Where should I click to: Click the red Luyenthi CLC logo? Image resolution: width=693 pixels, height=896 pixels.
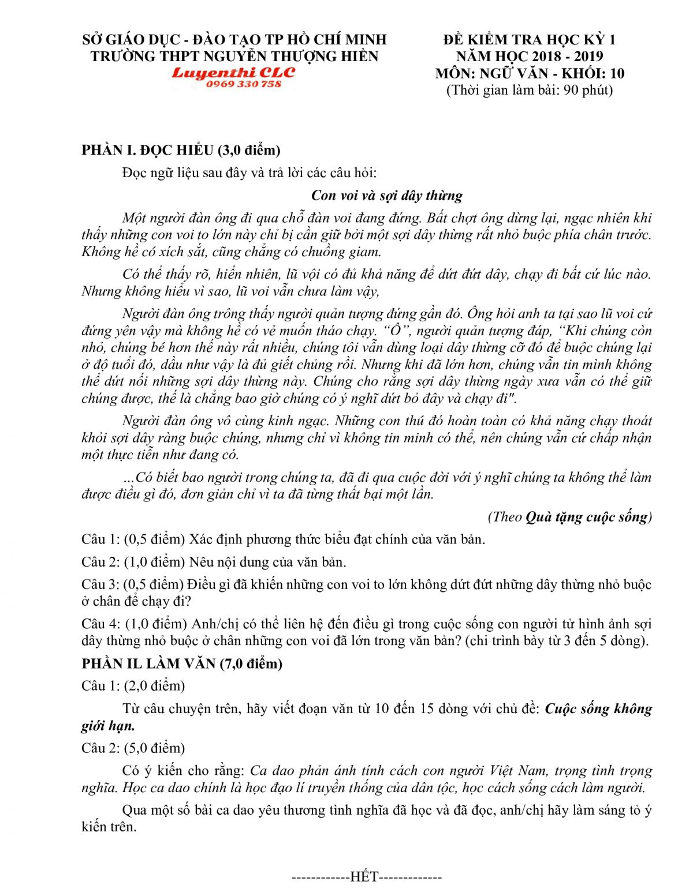click(233, 73)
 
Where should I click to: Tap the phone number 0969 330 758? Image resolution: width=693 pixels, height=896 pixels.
click(243, 84)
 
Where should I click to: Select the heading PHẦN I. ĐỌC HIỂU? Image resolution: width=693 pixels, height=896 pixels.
click(181, 150)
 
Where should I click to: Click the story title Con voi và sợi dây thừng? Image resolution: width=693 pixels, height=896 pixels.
click(387, 196)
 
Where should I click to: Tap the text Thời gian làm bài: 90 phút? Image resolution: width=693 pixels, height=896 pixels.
click(530, 90)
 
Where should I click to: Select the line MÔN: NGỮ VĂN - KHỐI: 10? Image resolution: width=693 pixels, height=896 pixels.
click(530, 73)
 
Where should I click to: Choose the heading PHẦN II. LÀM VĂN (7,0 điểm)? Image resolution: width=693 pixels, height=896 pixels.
click(182, 663)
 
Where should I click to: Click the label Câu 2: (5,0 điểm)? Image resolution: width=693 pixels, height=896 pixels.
click(133, 748)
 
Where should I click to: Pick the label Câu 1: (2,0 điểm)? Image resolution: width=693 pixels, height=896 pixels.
click(133, 686)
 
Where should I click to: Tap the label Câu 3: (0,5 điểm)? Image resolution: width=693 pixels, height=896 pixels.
click(133, 584)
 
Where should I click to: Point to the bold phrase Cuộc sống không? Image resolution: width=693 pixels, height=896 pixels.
click(598, 708)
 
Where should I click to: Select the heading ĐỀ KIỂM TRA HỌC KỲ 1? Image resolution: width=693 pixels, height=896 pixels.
click(530, 40)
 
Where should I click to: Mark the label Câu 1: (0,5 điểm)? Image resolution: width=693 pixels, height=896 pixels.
click(133, 539)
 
